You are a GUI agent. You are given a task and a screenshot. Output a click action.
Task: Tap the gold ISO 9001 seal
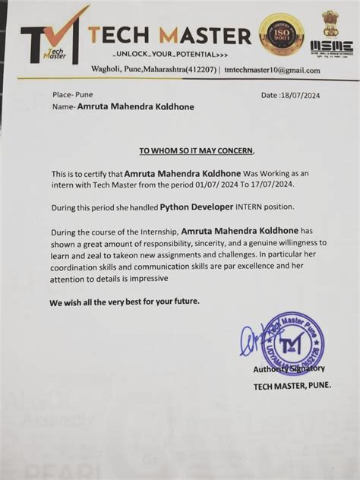[283, 33]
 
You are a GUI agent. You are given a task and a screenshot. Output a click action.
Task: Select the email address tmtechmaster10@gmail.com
[272, 71]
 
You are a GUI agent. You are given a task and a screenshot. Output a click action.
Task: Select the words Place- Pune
[72, 95]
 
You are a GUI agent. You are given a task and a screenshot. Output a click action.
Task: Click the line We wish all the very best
[125, 302]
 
